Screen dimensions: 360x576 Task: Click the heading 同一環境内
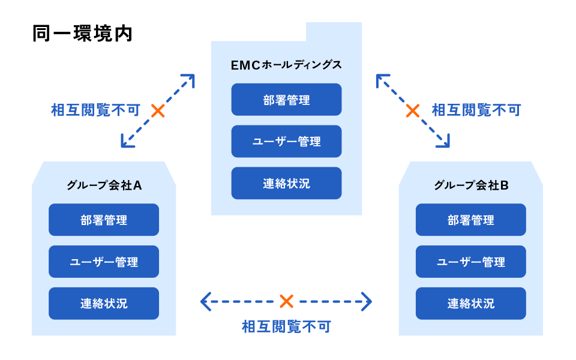tap(82, 34)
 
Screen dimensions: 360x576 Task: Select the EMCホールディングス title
tap(286, 65)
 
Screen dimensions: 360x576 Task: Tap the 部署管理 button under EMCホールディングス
tap(286, 100)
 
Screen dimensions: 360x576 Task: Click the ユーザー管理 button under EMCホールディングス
tap(286, 142)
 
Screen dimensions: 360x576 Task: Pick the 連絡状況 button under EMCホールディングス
tap(286, 183)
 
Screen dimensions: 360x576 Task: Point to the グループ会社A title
tap(104, 185)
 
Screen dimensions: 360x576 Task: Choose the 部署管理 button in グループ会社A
tap(104, 220)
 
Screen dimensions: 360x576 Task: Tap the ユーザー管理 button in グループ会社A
tap(104, 262)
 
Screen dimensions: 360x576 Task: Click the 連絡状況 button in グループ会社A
tap(104, 303)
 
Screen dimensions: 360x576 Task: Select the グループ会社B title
tap(471, 185)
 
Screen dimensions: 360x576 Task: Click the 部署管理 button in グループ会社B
tap(471, 220)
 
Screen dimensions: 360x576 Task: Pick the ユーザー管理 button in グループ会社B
tap(471, 262)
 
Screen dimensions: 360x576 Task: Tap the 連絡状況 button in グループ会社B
tap(471, 303)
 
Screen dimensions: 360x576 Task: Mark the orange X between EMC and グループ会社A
tap(158, 110)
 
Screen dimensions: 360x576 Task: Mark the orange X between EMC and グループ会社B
tap(413, 110)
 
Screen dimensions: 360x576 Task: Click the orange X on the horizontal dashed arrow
tap(286, 301)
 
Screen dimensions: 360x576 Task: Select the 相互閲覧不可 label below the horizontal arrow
tap(286, 327)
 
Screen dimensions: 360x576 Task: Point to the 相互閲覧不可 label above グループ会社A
tap(96, 110)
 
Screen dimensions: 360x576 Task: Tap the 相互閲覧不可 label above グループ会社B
tap(476, 110)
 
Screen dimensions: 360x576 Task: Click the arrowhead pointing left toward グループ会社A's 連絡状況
tap(205, 301)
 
